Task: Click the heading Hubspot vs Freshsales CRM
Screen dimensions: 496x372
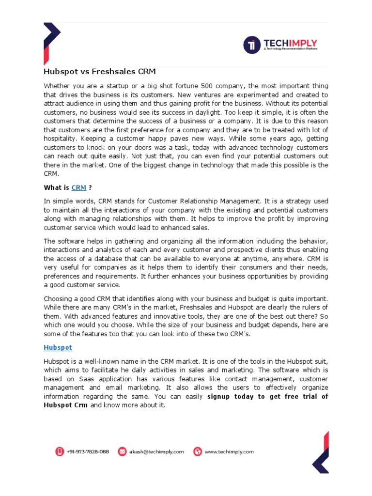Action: (100, 72)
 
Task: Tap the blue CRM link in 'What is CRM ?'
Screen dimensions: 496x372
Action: (78, 188)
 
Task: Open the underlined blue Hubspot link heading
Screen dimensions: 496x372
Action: (58, 347)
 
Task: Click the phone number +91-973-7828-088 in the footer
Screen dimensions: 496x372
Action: (88, 451)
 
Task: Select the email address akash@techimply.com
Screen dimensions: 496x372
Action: (156, 451)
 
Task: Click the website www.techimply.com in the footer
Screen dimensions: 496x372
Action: (229, 451)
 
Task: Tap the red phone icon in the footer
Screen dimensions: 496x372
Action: (59, 451)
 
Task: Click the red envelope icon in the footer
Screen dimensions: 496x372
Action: (122, 451)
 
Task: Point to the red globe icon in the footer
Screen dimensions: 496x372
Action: (197, 451)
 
